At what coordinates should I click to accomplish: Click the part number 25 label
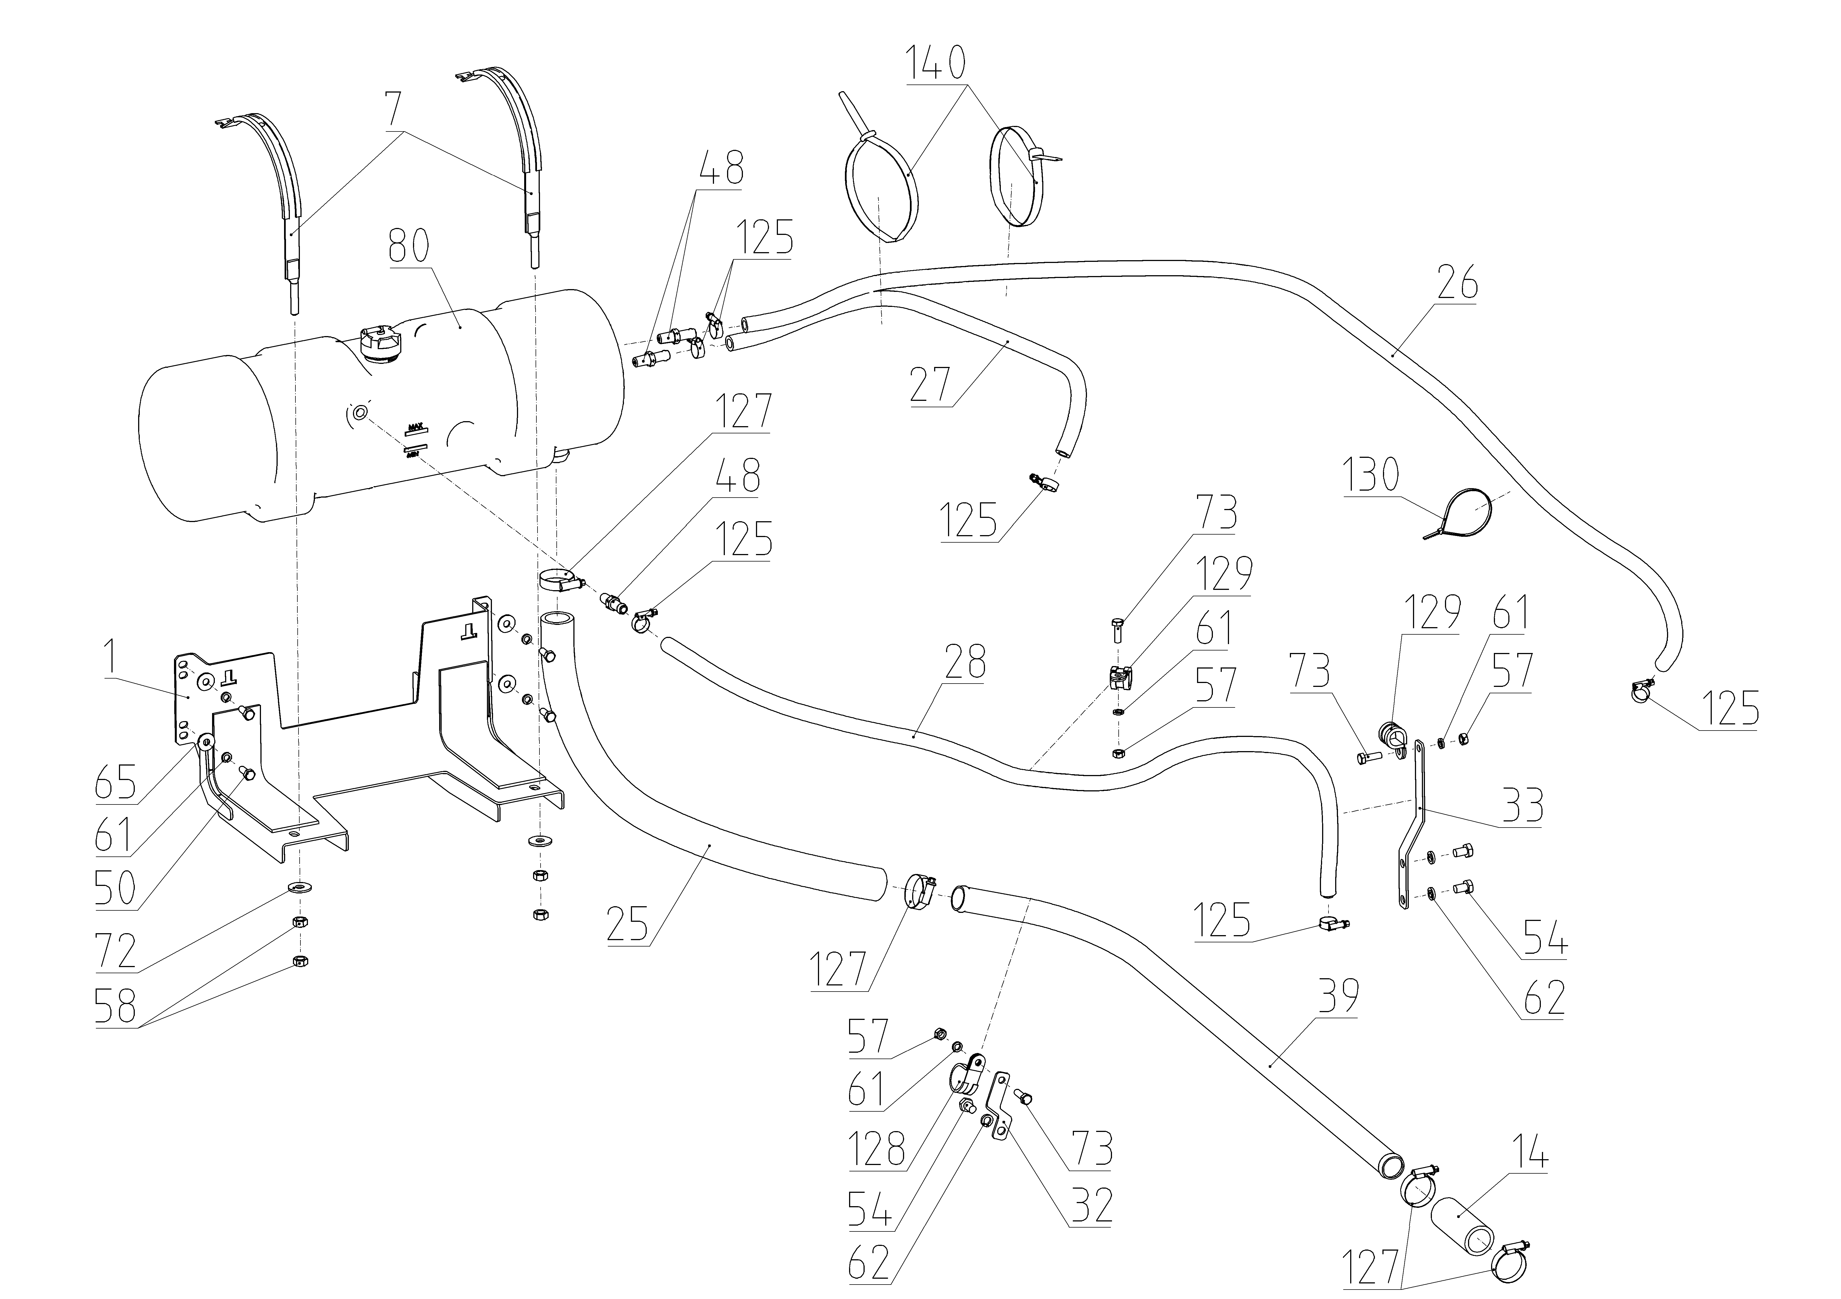pos(628,925)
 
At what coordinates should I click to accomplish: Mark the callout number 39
pos(1337,996)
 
